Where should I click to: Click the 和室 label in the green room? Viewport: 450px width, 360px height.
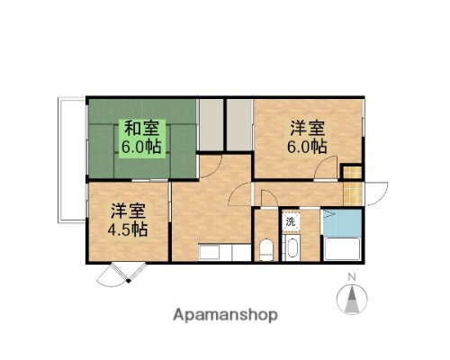(x=141, y=127)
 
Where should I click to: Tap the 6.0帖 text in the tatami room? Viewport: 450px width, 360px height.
(x=141, y=147)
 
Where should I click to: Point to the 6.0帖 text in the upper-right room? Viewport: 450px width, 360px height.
(x=307, y=147)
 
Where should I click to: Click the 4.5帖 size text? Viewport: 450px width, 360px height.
(x=129, y=229)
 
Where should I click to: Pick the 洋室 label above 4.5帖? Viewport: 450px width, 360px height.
(x=129, y=211)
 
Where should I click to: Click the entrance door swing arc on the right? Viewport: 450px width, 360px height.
(x=377, y=193)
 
